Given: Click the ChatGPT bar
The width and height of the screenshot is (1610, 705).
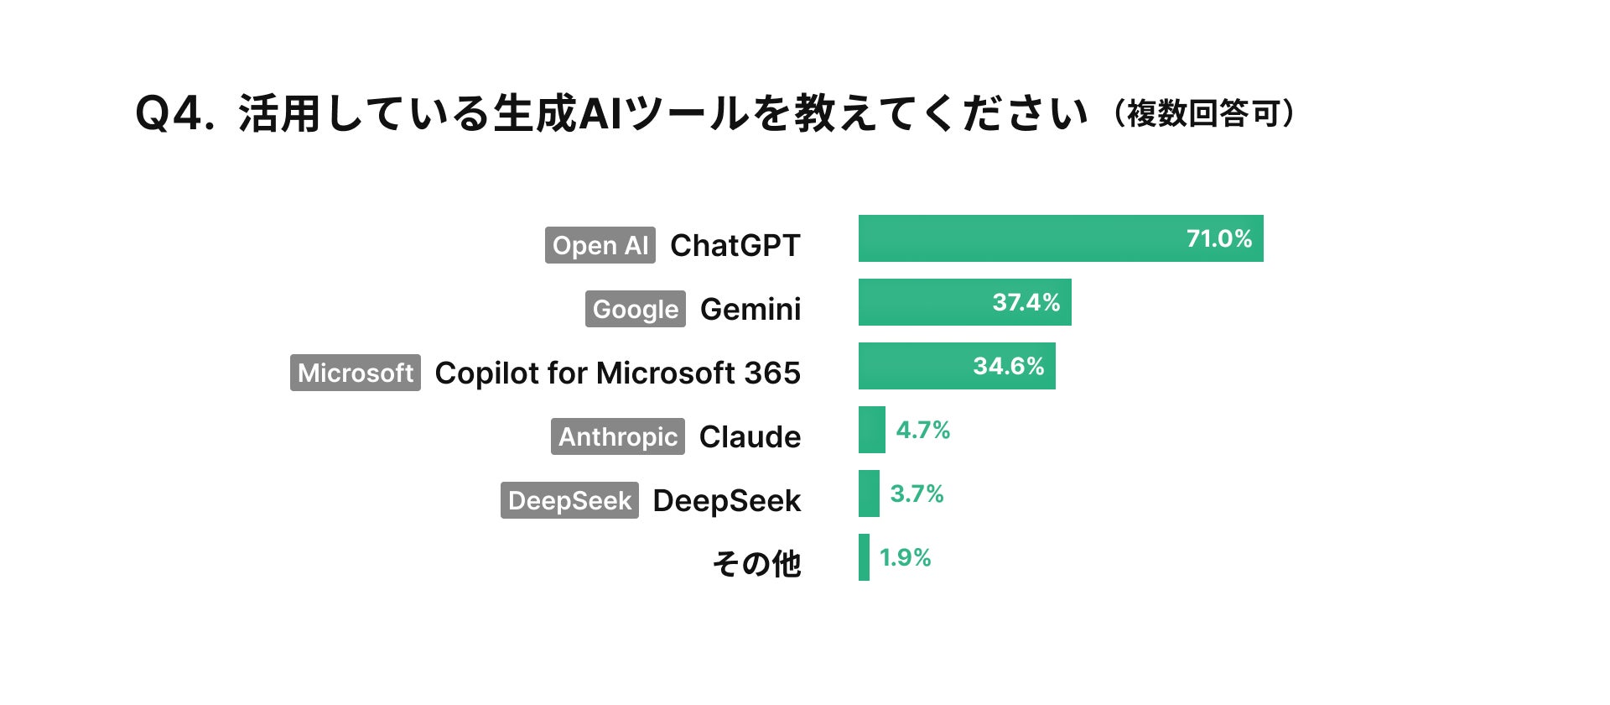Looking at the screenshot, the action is [x=1061, y=238].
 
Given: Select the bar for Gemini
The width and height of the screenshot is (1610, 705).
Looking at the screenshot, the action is [x=965, y=302].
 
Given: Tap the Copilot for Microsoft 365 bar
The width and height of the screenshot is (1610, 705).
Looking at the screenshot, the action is [x=957, y=366].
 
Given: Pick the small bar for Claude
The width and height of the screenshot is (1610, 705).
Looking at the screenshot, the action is [x=872, y=430].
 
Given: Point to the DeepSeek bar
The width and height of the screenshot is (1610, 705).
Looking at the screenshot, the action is [x=869, y=493].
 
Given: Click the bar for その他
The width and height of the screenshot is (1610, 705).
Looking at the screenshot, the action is [x=864, y=557].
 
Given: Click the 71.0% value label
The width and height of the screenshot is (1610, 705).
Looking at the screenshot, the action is [x=1219, y=238].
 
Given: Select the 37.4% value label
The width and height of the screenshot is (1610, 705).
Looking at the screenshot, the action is [x=1026, y=302].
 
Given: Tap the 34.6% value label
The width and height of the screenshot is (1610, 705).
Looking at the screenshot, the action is [x=1009, y=366].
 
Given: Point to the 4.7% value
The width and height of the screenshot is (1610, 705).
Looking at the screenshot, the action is [x=923, y=430].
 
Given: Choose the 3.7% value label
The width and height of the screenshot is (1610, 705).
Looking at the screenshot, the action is [x=917, y=493].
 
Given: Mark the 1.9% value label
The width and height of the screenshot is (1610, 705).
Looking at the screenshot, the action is [x=906, y=557].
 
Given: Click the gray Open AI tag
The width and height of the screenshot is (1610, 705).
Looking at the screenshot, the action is [x=600, y=245].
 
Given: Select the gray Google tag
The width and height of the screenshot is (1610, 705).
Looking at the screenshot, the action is [x=636, y=309].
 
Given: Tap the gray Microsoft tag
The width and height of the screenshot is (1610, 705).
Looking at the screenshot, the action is [x=356, y=373].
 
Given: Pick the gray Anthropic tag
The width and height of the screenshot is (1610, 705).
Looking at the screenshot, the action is [x=618, y=436].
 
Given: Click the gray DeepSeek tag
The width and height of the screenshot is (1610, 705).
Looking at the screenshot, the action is [x=569, y=500].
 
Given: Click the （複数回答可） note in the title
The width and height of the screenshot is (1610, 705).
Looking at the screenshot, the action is [x=1204, y=113].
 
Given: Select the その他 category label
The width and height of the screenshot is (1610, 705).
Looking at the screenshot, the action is [x=757, y=564].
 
